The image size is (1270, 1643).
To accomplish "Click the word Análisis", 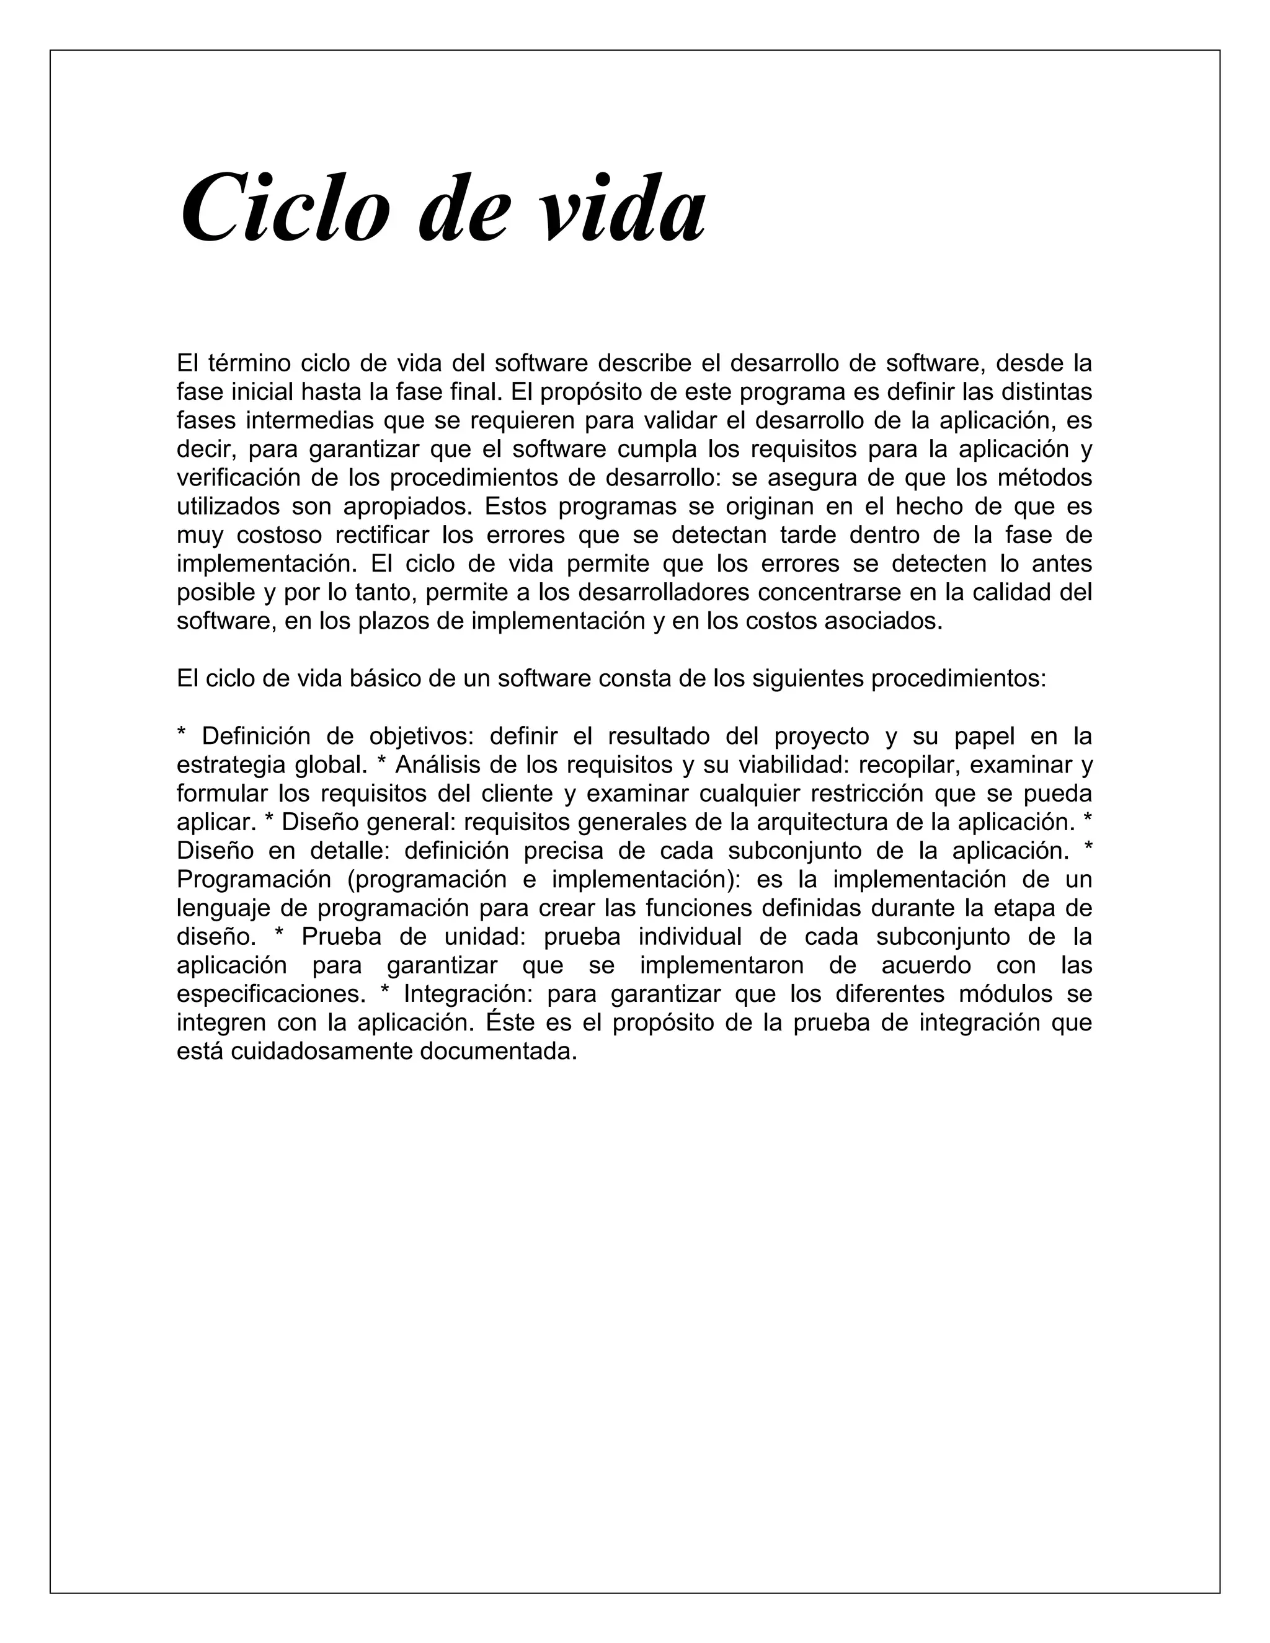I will click(x=437, y=764).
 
